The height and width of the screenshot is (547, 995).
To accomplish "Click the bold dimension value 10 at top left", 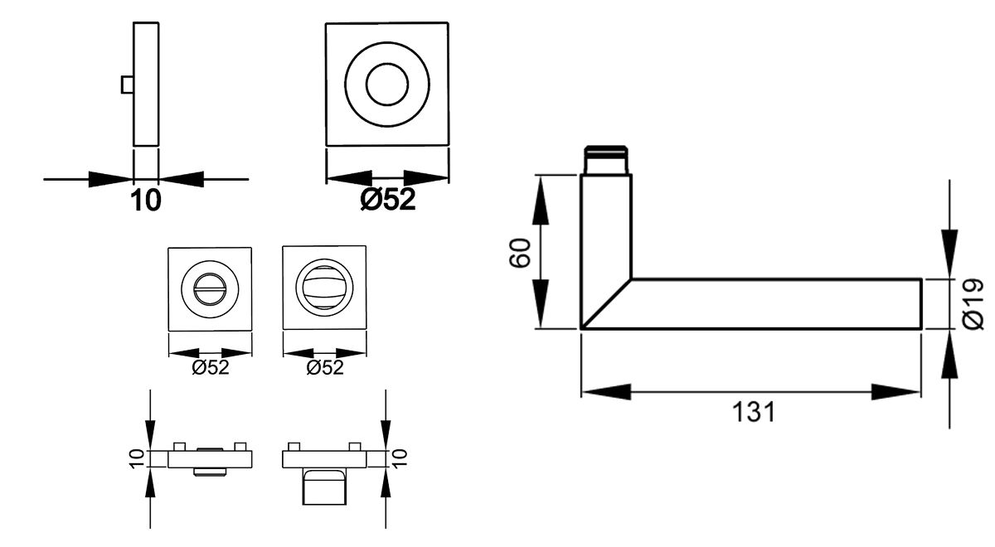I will [x=145, y=201].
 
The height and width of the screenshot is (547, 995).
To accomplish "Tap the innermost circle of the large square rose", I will [x=387, y=85].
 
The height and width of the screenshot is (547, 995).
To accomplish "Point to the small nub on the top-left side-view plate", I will [x=127, y=85].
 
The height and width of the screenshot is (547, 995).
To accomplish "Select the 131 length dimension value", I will [x=753, y=412].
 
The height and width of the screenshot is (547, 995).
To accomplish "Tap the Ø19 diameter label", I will [x=974, y=303].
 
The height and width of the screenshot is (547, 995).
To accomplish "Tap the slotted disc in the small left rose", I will [x=209, y=290].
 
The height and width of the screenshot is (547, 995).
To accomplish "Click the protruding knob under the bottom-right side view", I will [x=324, y=485].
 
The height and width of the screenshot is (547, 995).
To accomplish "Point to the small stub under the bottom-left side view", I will [x=210, y=472].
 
